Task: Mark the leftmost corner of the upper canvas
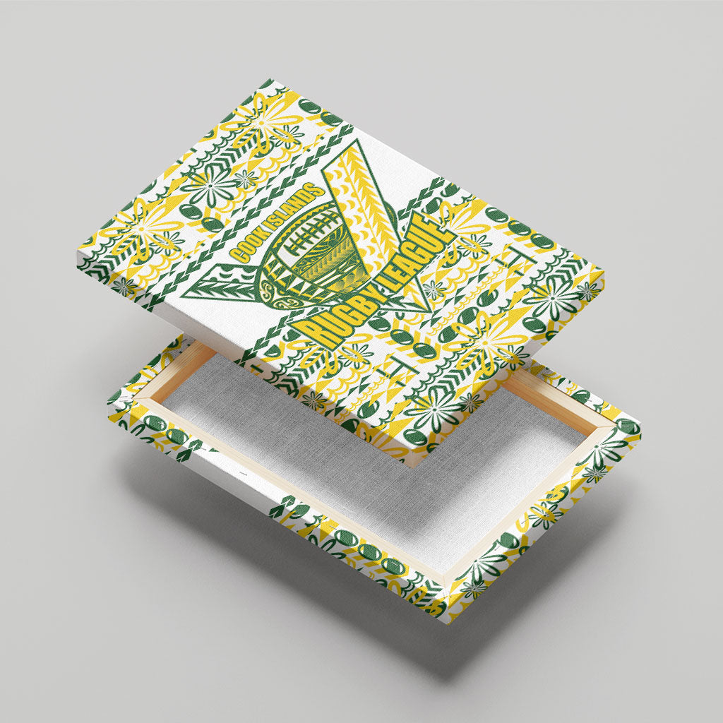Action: [x=78, y=253]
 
